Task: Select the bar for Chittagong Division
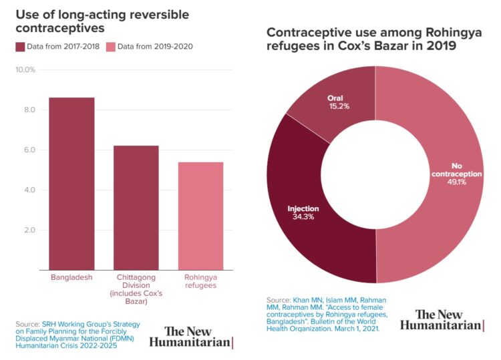tap(136, 208)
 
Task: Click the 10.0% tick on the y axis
tap(25, 69)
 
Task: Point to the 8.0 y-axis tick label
tap(29, 110)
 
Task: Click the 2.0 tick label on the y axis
tap(29, 230)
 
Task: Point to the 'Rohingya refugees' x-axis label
tap(200, 281)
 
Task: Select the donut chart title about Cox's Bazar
tap(361, 39)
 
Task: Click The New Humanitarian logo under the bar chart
tap(190, 337)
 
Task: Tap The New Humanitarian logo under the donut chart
tap(441, 320)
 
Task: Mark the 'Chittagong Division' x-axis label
tap(136, 289)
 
